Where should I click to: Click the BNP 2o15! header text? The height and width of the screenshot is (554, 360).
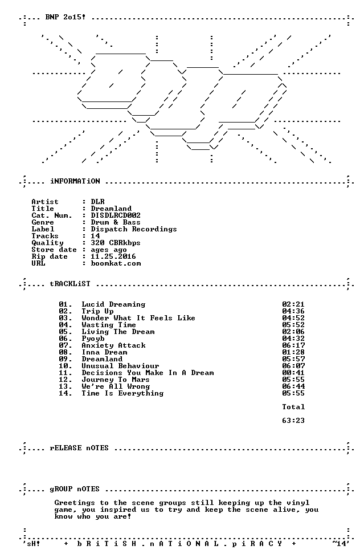pos(66,17)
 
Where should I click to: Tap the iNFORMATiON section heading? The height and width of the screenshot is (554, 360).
pos(75,181)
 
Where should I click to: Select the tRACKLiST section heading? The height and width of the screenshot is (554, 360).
pos(70,284)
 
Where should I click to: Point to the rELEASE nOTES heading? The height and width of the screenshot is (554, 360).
pos(79,448)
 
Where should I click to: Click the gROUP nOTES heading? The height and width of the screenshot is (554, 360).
pos(75,489)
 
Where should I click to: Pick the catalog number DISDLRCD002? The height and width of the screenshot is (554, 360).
pos(116,215)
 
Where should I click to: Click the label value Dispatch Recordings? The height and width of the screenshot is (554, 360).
pos(134,229)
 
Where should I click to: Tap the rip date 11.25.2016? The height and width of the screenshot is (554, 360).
pos(113,256)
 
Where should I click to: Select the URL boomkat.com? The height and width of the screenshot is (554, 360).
pos(116,263)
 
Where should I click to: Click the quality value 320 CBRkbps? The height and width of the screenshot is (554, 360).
pos(116,243)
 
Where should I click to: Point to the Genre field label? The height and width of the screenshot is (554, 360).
pos(43,222)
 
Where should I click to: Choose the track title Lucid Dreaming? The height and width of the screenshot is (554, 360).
pos(113,304)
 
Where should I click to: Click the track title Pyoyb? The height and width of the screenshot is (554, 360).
pos(93,339)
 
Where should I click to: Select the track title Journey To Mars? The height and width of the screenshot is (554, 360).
pos(116,380)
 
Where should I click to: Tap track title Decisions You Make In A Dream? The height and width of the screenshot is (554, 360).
pos(148,373)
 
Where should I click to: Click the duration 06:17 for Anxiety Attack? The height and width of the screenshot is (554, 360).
pos(293,345)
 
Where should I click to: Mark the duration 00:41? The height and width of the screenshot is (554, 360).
pos(293,373)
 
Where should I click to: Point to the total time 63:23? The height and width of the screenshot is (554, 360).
pos(293,421)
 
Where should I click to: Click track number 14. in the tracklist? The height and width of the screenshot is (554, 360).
pos(66,393)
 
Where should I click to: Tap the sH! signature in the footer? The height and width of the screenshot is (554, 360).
pos(33,544)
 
